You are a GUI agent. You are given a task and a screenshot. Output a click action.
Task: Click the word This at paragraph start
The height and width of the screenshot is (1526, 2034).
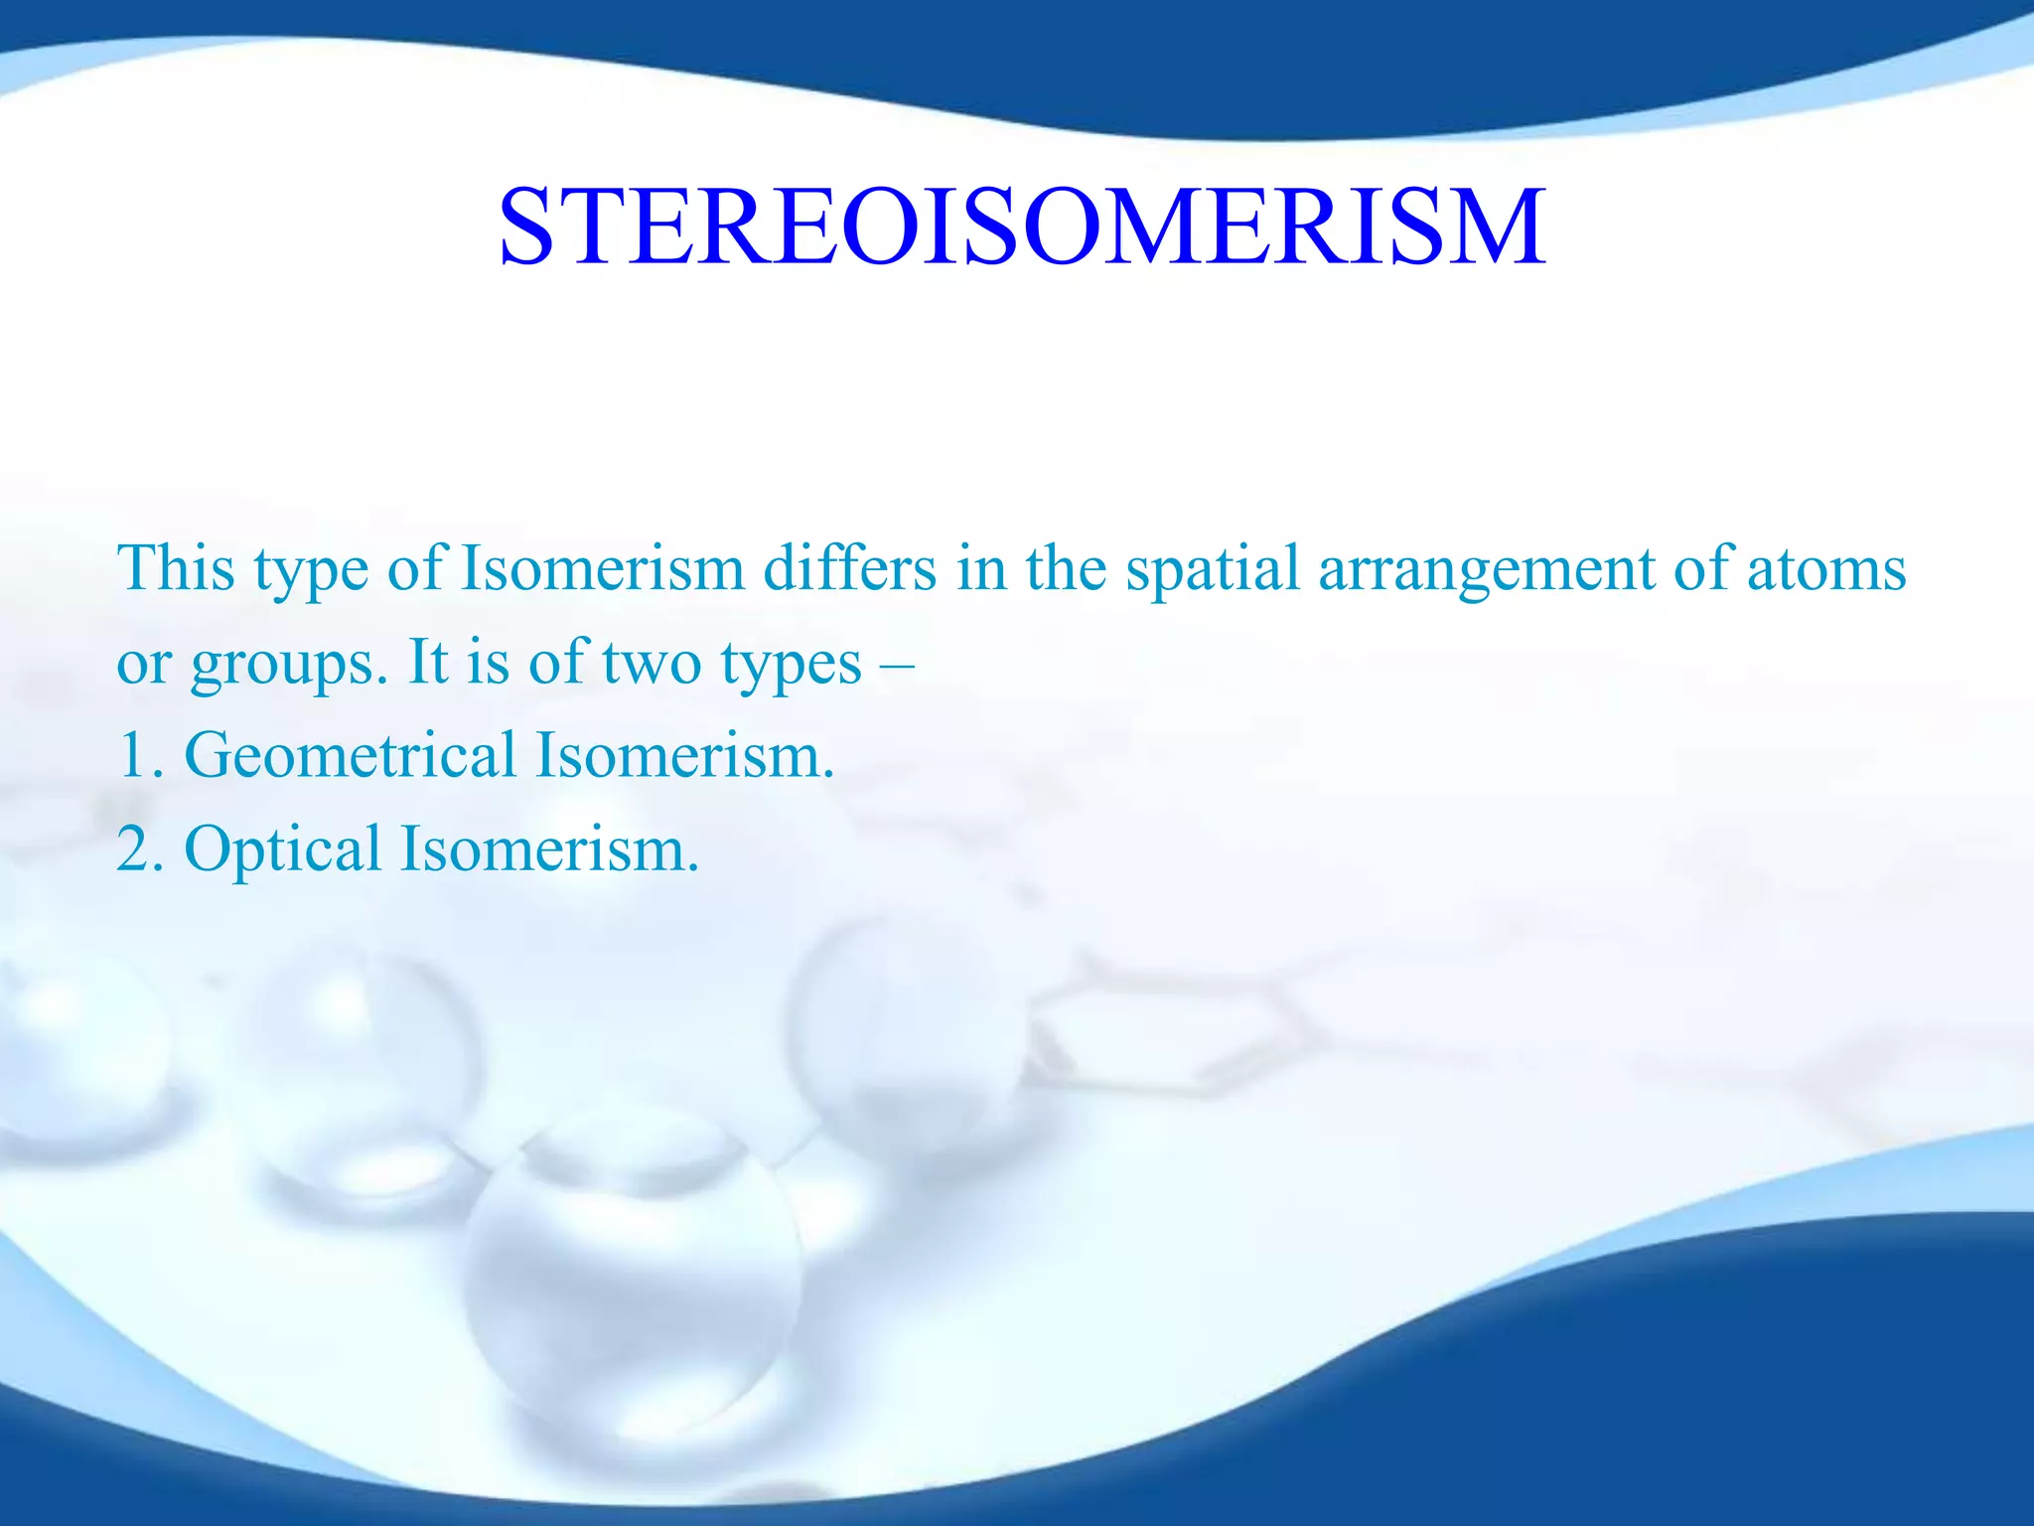[x=176, y=568]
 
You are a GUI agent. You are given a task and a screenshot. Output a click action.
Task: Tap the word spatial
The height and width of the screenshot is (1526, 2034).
[x=1212, y=568]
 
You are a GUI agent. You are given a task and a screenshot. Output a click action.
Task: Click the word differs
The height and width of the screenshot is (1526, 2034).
[x=849, y=568]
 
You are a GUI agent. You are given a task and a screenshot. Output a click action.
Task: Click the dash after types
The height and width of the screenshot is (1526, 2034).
[x=897, y=664]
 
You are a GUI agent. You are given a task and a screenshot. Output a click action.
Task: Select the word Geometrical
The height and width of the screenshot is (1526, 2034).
[x=351, y=755]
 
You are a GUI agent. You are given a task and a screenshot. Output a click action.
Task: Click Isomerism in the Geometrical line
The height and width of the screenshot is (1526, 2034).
[x=684, y=755]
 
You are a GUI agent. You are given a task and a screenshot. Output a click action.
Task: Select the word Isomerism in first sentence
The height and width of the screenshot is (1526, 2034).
[x=603, y=568]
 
